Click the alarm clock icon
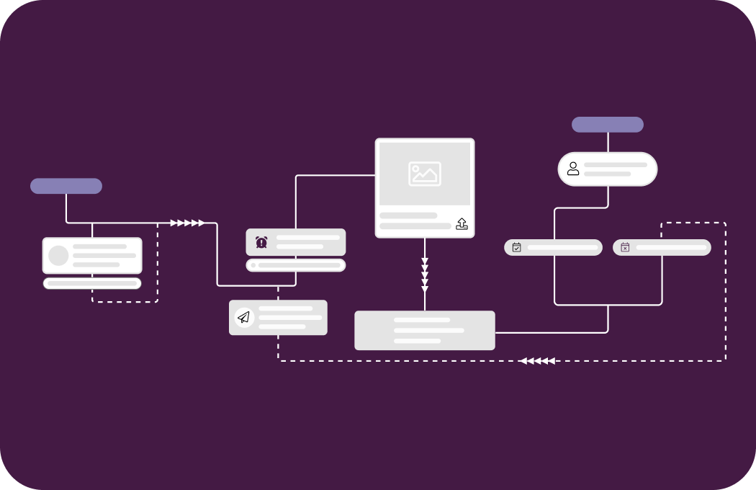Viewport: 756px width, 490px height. (261, 242)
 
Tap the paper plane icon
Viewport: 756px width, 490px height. (244, 318)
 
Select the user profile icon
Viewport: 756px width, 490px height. (573, 169)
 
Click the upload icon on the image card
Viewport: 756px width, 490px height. (462, 223)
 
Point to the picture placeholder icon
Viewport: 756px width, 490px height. (425, 174)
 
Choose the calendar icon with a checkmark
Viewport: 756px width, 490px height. (516, 247)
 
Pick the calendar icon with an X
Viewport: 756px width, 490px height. (625, 247)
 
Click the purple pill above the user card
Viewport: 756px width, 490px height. (608, 125)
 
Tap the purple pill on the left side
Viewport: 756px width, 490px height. (66, 186)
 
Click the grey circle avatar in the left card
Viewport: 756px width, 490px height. (58, 256)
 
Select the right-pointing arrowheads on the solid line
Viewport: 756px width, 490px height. (187, 223)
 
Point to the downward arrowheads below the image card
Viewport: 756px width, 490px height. (425, 274)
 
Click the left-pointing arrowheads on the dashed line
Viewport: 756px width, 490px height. (538, 360)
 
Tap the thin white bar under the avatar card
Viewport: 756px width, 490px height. (92, 283)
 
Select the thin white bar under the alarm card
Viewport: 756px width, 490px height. (296, 265)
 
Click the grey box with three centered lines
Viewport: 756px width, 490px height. (425, 331)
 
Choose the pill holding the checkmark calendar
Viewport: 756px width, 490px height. (553, 247)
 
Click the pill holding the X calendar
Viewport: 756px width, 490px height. (662, 247)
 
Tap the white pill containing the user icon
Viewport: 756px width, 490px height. (608, 169)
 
